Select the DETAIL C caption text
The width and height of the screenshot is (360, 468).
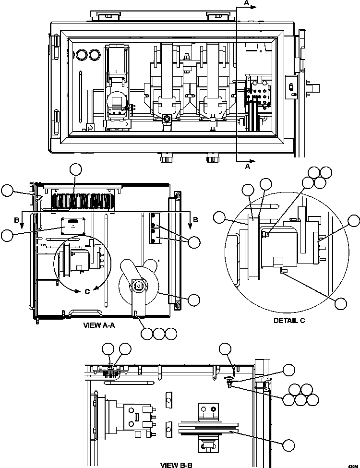click(289, 320)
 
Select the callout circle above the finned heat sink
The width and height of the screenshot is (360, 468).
click(76, 169)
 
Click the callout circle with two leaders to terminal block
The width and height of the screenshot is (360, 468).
click(194, 242)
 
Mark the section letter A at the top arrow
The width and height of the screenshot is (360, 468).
click(247, 3)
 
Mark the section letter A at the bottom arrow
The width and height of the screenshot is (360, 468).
click(248, 167)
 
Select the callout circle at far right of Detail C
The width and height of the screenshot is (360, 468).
click(354, 221)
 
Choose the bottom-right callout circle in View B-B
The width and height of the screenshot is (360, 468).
click(288, 445)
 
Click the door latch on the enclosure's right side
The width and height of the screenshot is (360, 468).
click(290, 87)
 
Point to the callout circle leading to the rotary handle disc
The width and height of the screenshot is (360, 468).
click(194, 300)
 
